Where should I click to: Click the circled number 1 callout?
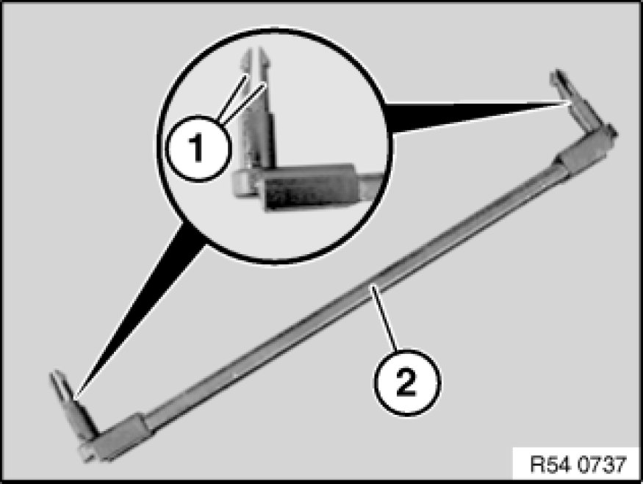[x=198, y=148]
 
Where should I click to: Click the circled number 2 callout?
[x=407, y=383]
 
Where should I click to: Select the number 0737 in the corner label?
[x=603, y=465]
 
